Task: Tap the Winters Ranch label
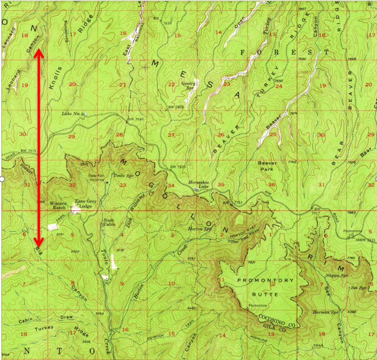tap(58, 205)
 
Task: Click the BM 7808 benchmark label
tap(176, 107)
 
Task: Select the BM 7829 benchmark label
tap(177, 167)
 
